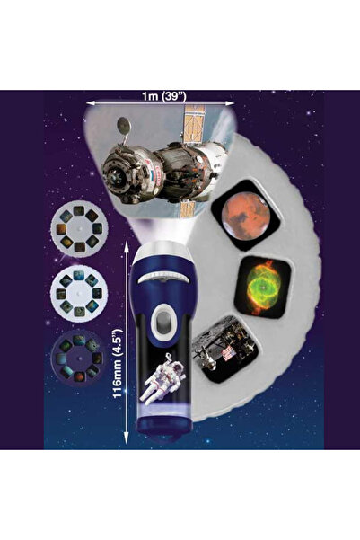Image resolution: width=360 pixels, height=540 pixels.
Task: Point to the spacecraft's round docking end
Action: click(120, 174)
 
